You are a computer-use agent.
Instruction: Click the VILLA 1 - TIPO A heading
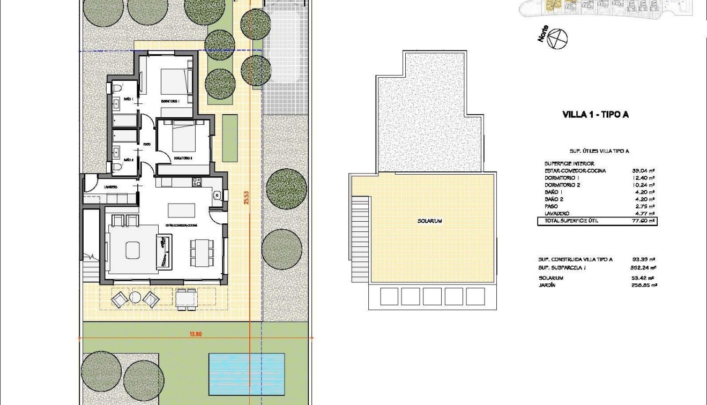pyautogui.click(x=595, y=114)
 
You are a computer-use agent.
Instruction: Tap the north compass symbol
pyautogui.click(x=559, y=39)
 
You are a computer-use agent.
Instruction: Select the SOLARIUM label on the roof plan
pyautogui.click(x=430, y=221)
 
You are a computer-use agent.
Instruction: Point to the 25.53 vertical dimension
pyautogui.click(x=246, y=198)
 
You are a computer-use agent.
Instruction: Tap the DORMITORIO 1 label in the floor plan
pyautogui.click(x=169, y=101)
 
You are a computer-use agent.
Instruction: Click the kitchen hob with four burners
pyautogui.click(x=196, y=183)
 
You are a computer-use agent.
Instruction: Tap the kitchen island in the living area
pyautogui.click(x=181, y=209)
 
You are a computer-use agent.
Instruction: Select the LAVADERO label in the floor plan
pyautogui.click(x=111, y=187)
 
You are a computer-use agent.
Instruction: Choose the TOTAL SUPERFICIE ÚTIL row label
pyautogui.click(x=571, y=221)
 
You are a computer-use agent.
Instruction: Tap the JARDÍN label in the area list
pyautogui.click(x=547, y=286)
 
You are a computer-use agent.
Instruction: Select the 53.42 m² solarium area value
pyautogui.click(x=644, y=278)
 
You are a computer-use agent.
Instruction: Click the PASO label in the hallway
pyautogui.click(x=146, y=144)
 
